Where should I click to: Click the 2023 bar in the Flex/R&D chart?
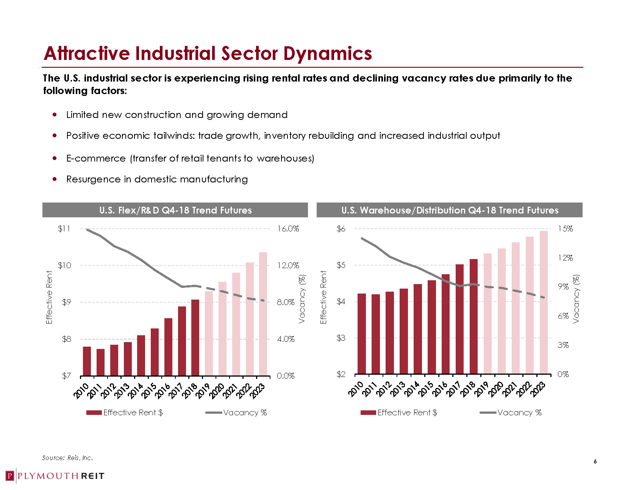(x=263, y=314)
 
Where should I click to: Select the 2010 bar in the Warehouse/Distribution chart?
(x=362, y=333)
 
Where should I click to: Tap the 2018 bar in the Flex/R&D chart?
(x=195, y=337)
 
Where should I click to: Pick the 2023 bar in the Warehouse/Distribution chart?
(x=544, y=302)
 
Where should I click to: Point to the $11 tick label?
(x=64, y=229)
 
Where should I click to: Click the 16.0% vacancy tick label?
(x=288, y=229)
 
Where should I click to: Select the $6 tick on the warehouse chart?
(x=341, y=229)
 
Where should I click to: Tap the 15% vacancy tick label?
(x=565, y=229)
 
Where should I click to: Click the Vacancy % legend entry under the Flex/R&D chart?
(x=236, y=413)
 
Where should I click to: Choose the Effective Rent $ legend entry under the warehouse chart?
(x=399, y=413)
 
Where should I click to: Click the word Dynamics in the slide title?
(x=328, y=53)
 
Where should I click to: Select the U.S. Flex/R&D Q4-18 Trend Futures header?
(x=175, y=210)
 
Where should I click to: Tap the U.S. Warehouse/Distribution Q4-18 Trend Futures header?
(x=450, y=210)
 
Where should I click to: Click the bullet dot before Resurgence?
(x=55, y=179)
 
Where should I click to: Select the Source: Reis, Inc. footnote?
(x=67, y=458)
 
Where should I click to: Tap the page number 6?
(x=595, y=462)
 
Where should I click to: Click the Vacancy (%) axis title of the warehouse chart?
(x=576, y=299)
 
